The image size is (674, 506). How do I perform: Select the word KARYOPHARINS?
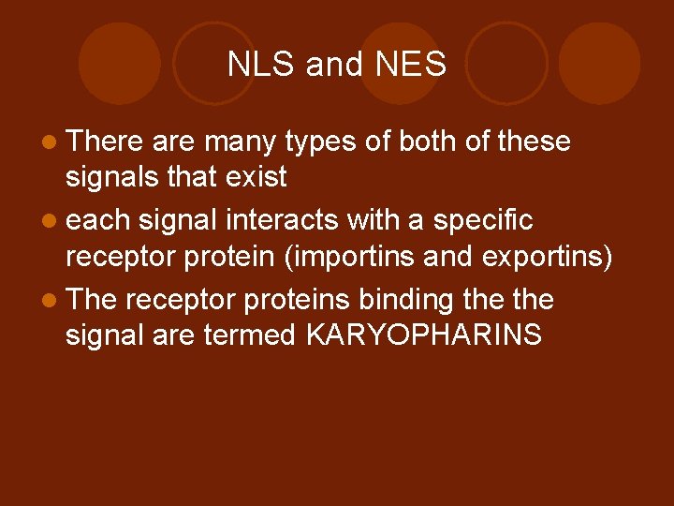[423, 335]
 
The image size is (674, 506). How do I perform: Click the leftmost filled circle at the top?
[120, 63]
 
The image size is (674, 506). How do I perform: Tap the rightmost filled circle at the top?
[599, 63]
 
